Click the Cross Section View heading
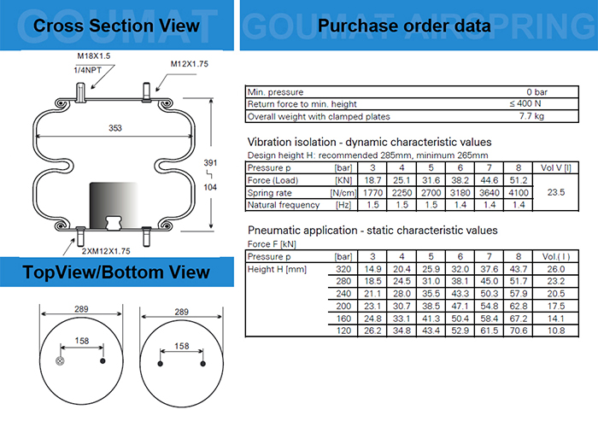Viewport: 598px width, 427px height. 116,25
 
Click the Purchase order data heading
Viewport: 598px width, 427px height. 404,26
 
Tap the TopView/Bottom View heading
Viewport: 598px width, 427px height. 116,272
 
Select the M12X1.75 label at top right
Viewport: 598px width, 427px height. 189,64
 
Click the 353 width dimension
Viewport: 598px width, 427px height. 115,127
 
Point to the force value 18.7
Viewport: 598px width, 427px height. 372,181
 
